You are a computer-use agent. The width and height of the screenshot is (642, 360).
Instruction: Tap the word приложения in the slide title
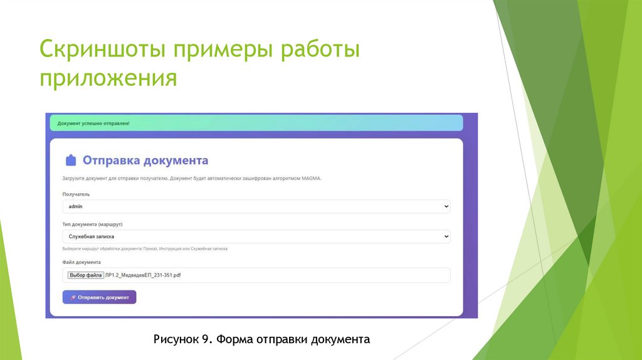[108, 80]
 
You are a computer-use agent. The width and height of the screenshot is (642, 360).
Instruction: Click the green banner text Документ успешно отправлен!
[93, 123]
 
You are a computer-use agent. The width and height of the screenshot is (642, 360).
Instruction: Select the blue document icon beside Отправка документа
[71, 161]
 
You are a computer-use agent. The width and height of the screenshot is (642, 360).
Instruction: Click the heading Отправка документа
[145, 161]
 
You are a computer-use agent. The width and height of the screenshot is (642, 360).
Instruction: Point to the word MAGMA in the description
[310, 179]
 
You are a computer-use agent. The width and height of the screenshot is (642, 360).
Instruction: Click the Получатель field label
[76, 194]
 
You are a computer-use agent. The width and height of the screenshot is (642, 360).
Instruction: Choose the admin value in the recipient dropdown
[76, 206]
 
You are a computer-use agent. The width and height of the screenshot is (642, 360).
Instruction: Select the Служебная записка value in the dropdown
[92, 236]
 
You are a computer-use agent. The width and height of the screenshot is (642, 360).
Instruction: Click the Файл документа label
[82, 262]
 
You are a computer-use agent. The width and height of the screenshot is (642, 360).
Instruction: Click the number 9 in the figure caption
[205, 339]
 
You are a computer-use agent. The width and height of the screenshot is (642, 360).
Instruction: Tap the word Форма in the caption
[234, 339]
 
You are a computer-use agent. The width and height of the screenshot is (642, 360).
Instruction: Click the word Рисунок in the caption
[176, 339]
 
